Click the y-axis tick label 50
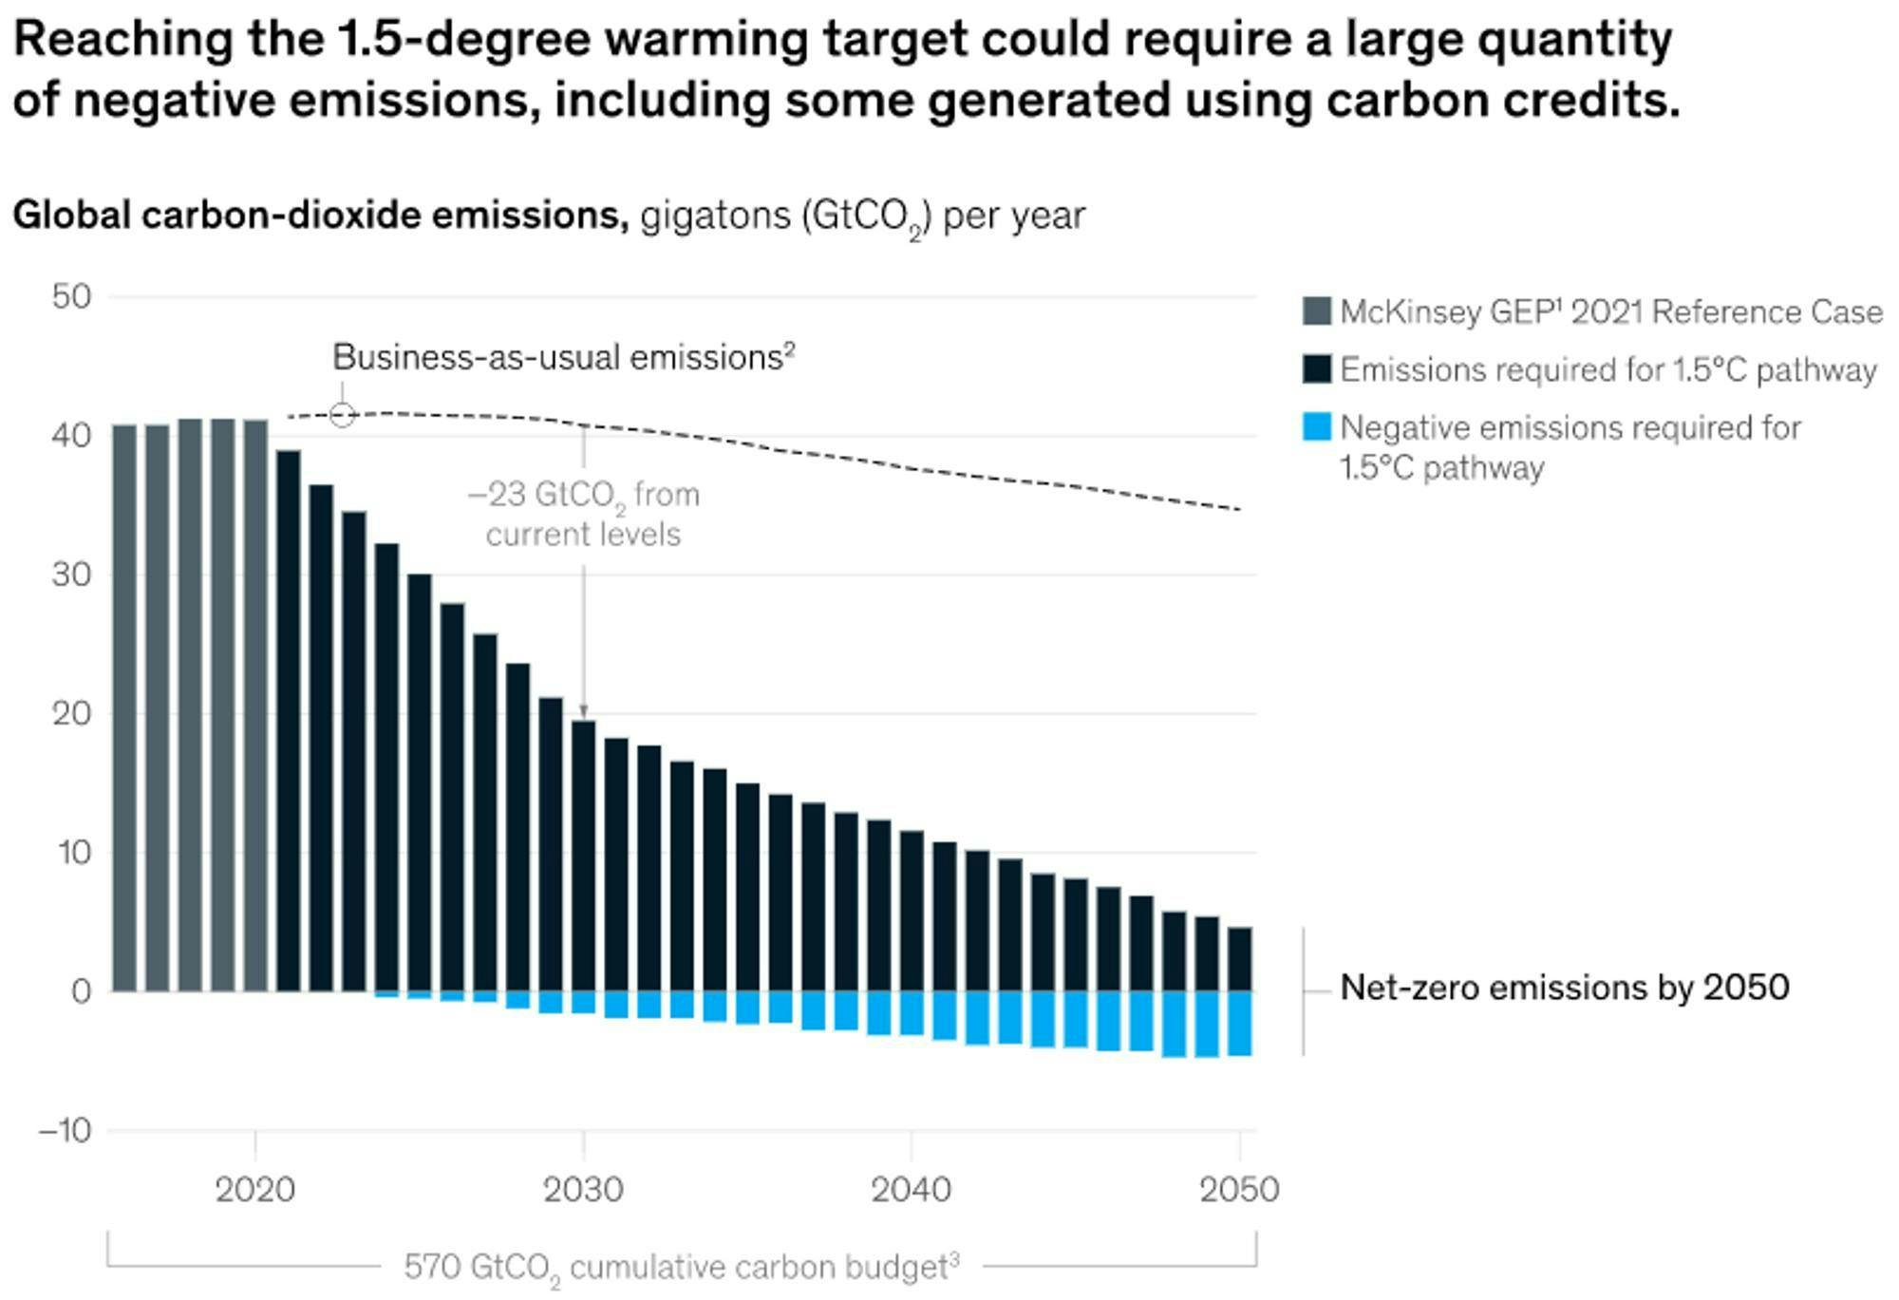(x=71, y=297)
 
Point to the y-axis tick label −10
(x=66, y=1131)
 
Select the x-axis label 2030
(x=583, y=1190)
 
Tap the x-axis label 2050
(x=1239, y=1190)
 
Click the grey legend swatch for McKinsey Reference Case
(x=1317, y=311)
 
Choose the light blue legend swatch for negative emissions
(x=1317, y=426)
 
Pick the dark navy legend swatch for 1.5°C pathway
(x=1317, y=369)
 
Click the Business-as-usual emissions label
(x=563, y=358)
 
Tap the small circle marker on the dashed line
(x=343, y=415)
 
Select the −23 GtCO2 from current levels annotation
(x=584, y=514)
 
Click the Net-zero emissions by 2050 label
(x=1564, y=989)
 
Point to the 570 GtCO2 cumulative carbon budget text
(x=681, y=1267)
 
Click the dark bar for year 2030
(x=584, y=855)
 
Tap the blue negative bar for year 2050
(x=1239, y=1023)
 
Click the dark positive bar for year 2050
(x=1239, y=959)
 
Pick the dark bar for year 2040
(x=912, y=911)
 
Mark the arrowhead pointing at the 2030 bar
(x=584, y=712)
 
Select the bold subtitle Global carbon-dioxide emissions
(x=320, y=216)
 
